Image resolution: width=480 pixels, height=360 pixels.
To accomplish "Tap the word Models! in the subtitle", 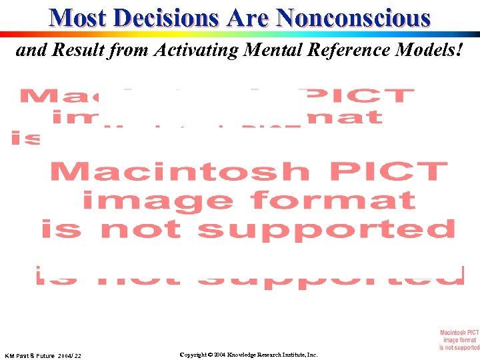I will click(x=435, y=50).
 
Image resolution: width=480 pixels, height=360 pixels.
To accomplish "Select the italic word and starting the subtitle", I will click(x=28, y=50).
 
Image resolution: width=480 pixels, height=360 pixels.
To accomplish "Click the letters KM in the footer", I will click(x=10, y=355).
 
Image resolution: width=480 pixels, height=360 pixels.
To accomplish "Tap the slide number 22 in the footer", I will click(x=78, y=355).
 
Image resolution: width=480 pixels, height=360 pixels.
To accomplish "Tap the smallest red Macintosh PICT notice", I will click(x=459, y=339).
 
